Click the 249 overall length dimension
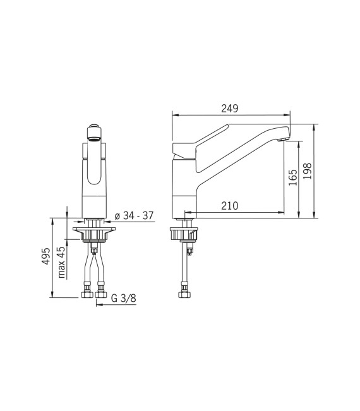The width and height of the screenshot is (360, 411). (x=229, y=109)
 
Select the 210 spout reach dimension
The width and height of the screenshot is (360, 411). (x=229, y=205)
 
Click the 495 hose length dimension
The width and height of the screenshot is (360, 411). (x=45, y=257)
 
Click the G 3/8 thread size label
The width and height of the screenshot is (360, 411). (x=123, y=299)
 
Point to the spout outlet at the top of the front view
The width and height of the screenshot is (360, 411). (x=93, y=132)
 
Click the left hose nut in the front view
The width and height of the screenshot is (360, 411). (x=85, y=294)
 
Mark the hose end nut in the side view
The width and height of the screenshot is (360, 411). (x=184, y=294)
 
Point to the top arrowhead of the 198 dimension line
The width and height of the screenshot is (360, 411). (x=314, y=126)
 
